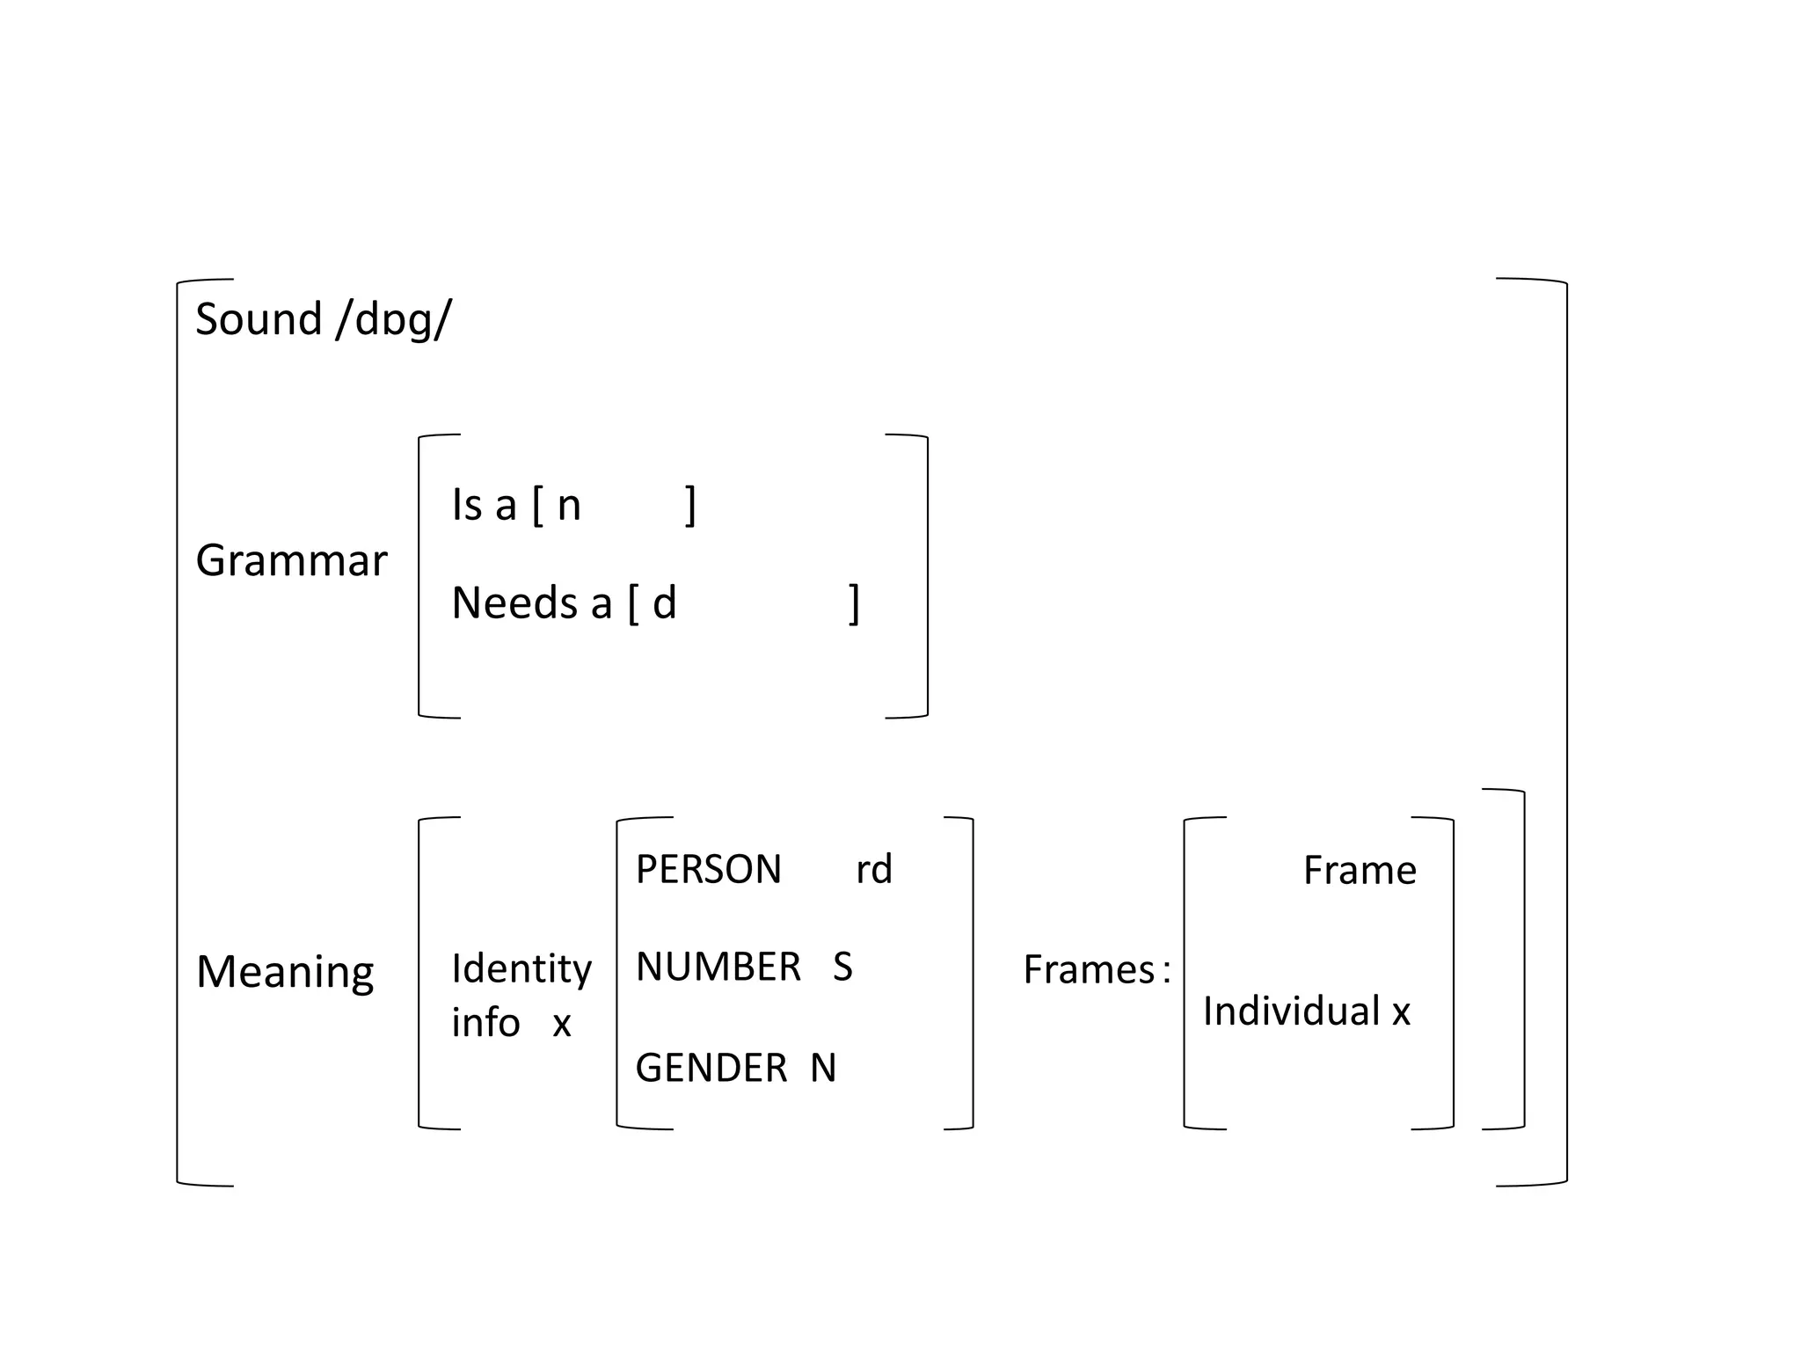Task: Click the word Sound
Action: [x=258, y=318]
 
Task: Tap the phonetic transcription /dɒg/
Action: [x=394, y=320]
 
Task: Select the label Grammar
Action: [x=291, y=560]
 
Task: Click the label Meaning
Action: [x=285, y=972]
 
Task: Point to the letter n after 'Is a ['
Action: [x=569, y=506]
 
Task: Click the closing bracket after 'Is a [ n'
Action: [x=691, y=505]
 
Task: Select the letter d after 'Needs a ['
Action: [x=664, y=603]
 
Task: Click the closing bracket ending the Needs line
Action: [x=854, y=603]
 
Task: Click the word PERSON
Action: [x=708, y=870]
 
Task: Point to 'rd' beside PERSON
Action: [x=874, y=870]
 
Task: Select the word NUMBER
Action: [x=718, y=968]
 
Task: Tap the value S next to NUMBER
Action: [x=842, y=968]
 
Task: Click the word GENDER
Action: [x=711, y=1068]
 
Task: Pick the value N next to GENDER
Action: [x=823, y=1068]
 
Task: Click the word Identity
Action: [x=521, y=970]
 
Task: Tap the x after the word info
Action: [x=562, y=1023]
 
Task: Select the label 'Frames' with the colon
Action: [x=1096, y=970]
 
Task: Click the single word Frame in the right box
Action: [x=1360, y=871]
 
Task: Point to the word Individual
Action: [x=1290, y=1011]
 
